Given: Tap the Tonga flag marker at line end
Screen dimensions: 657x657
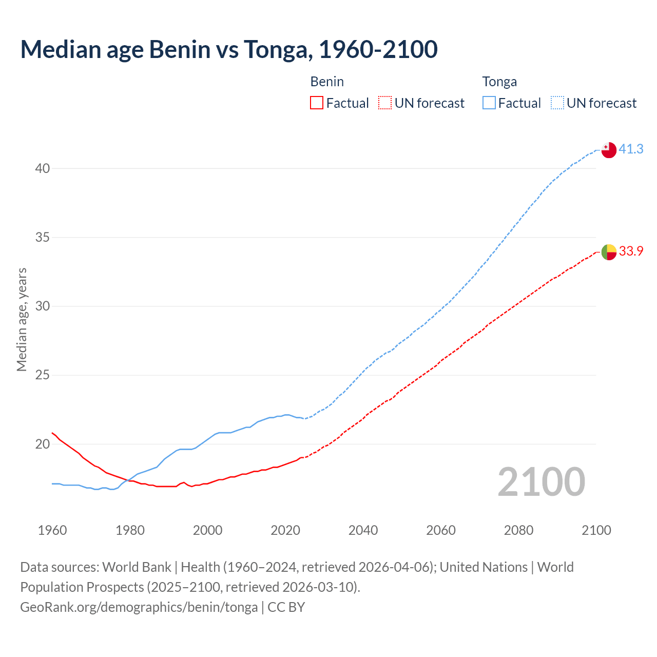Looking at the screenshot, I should pos(608,150).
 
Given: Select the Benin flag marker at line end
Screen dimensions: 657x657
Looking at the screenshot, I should pos(608,252).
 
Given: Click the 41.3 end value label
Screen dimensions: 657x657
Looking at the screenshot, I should pos(631,149).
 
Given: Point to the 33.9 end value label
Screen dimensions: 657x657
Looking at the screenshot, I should pos(631,251).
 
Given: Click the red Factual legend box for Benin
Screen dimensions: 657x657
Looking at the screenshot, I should pos(317,103).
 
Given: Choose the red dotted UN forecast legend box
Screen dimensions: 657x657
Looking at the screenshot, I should pos(385,103).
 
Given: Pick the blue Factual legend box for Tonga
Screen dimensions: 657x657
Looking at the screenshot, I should pos(489,103).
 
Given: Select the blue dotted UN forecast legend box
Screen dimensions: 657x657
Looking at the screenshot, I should pos(557,103).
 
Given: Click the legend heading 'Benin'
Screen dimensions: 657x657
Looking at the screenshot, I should pos(327,82).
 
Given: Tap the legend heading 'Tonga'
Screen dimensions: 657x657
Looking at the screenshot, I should pos(499,82).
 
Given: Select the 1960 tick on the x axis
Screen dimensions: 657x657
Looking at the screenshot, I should pos(52,530).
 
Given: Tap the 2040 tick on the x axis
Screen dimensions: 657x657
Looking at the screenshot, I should pos(363,530).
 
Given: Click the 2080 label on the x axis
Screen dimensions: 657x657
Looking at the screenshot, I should pos(518,530).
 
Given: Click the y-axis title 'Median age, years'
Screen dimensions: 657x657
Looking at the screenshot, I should pos(22,319).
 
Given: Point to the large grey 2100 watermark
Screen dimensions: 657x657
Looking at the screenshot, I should pos(541,482).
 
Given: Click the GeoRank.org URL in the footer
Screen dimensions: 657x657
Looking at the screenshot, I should pos(139,607).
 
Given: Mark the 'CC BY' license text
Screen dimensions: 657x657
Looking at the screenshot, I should pos(286,607).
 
